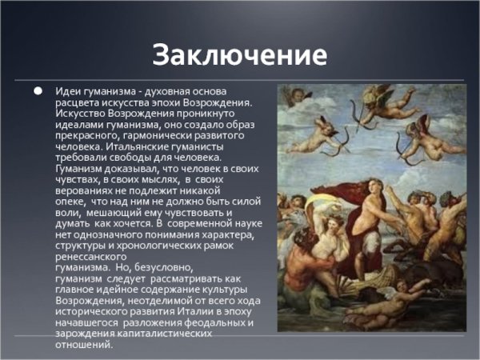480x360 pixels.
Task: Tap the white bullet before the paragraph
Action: tap(38, 91)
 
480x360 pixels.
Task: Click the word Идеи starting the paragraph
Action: tap(68, 92)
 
